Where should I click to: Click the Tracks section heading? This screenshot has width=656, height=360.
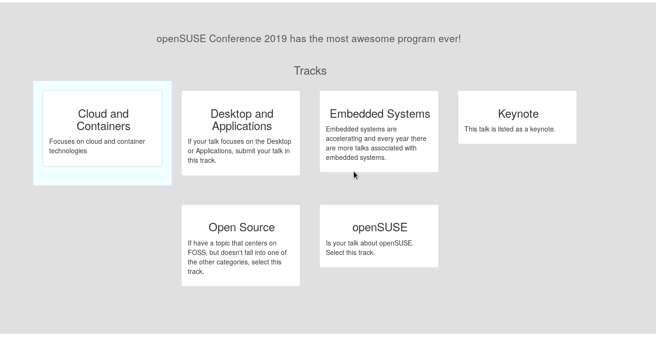(310, 71)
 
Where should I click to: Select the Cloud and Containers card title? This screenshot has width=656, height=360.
(104, 120)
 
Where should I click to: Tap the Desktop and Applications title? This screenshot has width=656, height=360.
(242, 120)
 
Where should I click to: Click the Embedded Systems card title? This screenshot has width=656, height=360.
(380, 114)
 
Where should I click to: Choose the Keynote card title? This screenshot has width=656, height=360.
(518, 114)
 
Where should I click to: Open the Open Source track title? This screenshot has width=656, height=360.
(242, 228)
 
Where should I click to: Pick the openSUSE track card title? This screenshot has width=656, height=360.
(380, 228)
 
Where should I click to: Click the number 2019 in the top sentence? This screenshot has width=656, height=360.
(276, 39)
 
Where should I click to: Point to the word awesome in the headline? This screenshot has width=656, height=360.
(373, 39)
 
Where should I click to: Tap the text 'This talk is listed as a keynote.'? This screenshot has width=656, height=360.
(510, 130)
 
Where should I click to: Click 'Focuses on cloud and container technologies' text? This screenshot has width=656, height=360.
(97, 146)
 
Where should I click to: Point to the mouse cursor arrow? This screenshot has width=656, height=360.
(356, 176)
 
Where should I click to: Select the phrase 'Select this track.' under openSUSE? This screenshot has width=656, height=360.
(350, 253)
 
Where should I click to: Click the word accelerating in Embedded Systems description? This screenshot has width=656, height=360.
(344, 139)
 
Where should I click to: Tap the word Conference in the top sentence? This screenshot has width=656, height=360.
(235, 39)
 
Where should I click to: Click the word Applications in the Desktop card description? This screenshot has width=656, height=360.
(214, 151)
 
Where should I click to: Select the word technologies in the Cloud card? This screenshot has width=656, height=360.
(68, 151)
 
